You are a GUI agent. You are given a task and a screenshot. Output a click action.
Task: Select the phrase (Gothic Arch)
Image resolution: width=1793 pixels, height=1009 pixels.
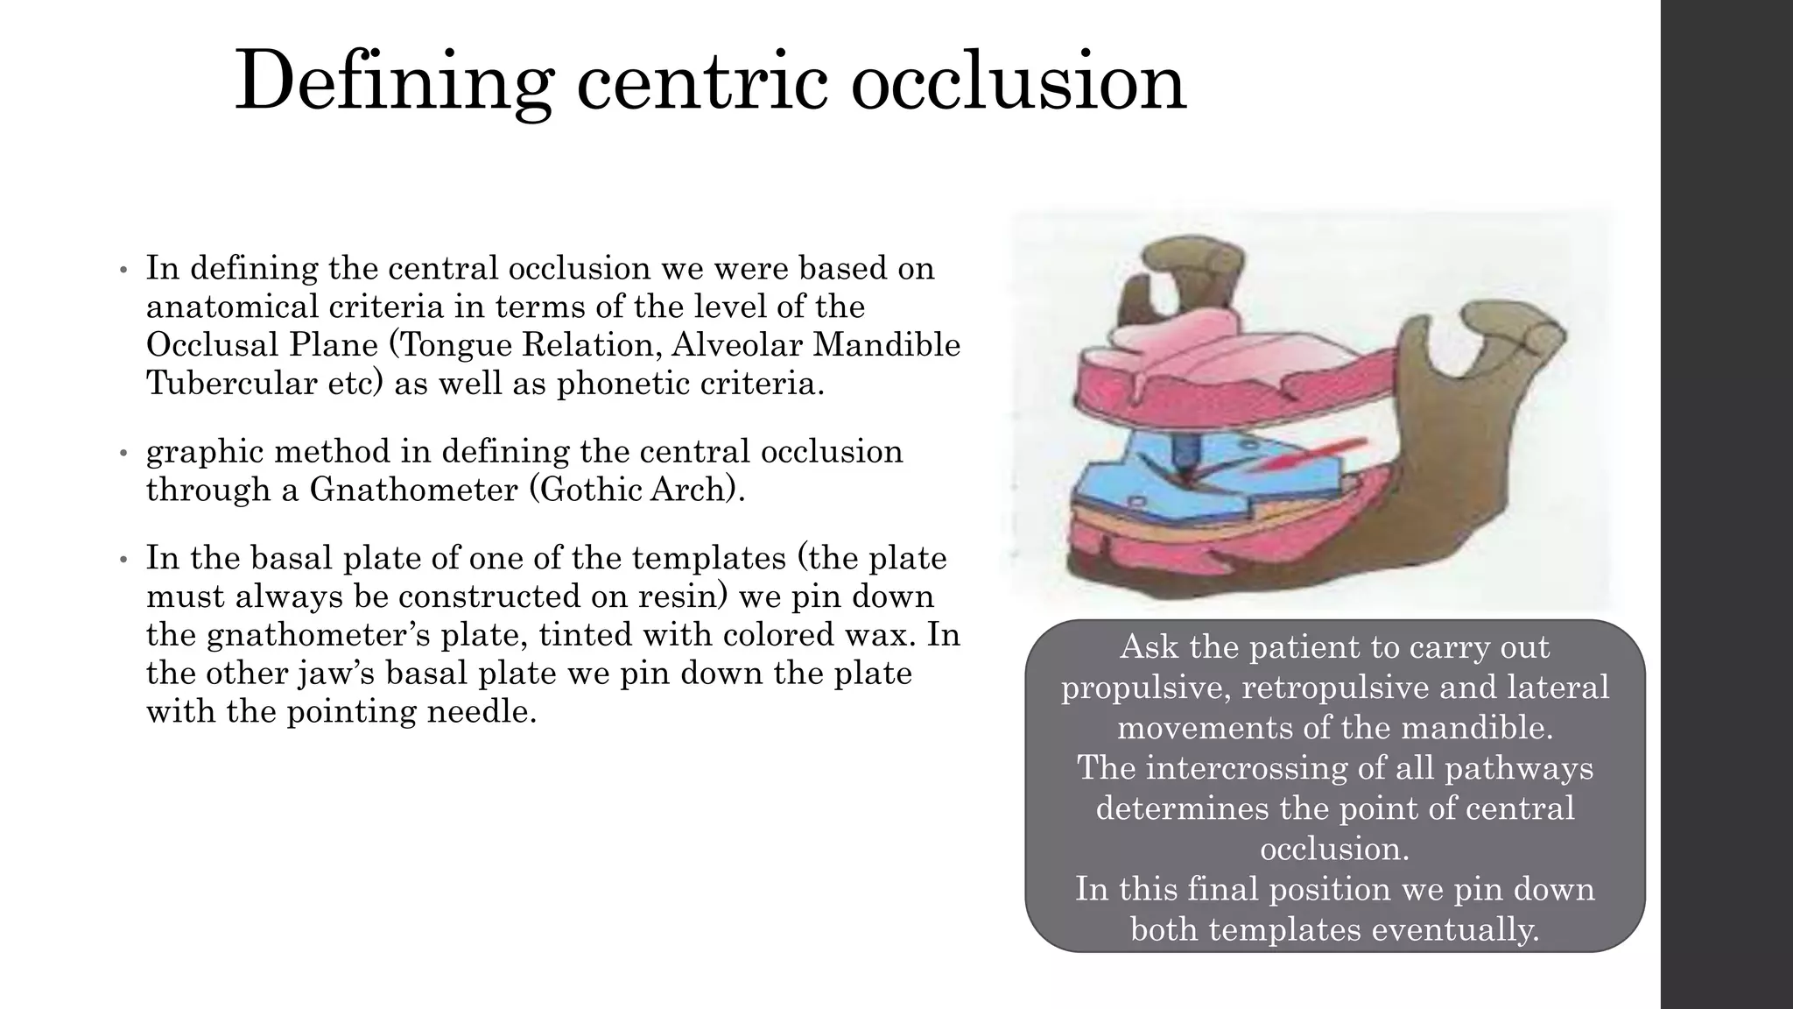coord(637,489)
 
